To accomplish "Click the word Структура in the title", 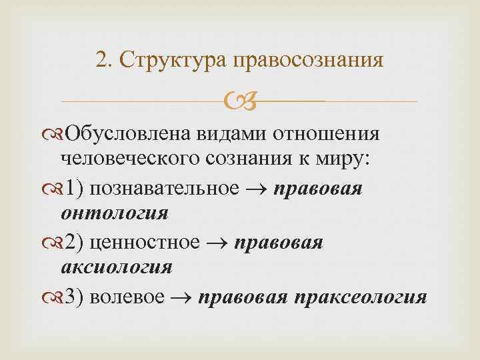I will coord(172,61).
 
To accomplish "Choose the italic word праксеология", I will coord(357,297).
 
